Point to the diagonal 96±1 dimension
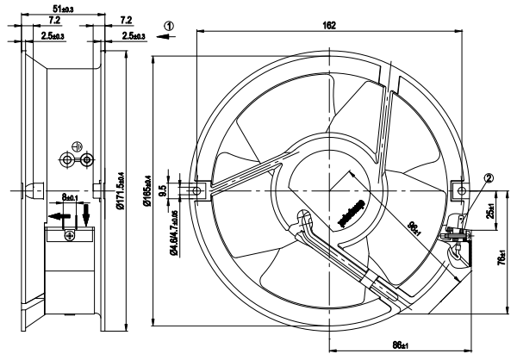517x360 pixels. coord(414,227)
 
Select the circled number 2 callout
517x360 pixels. coord(464,179)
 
